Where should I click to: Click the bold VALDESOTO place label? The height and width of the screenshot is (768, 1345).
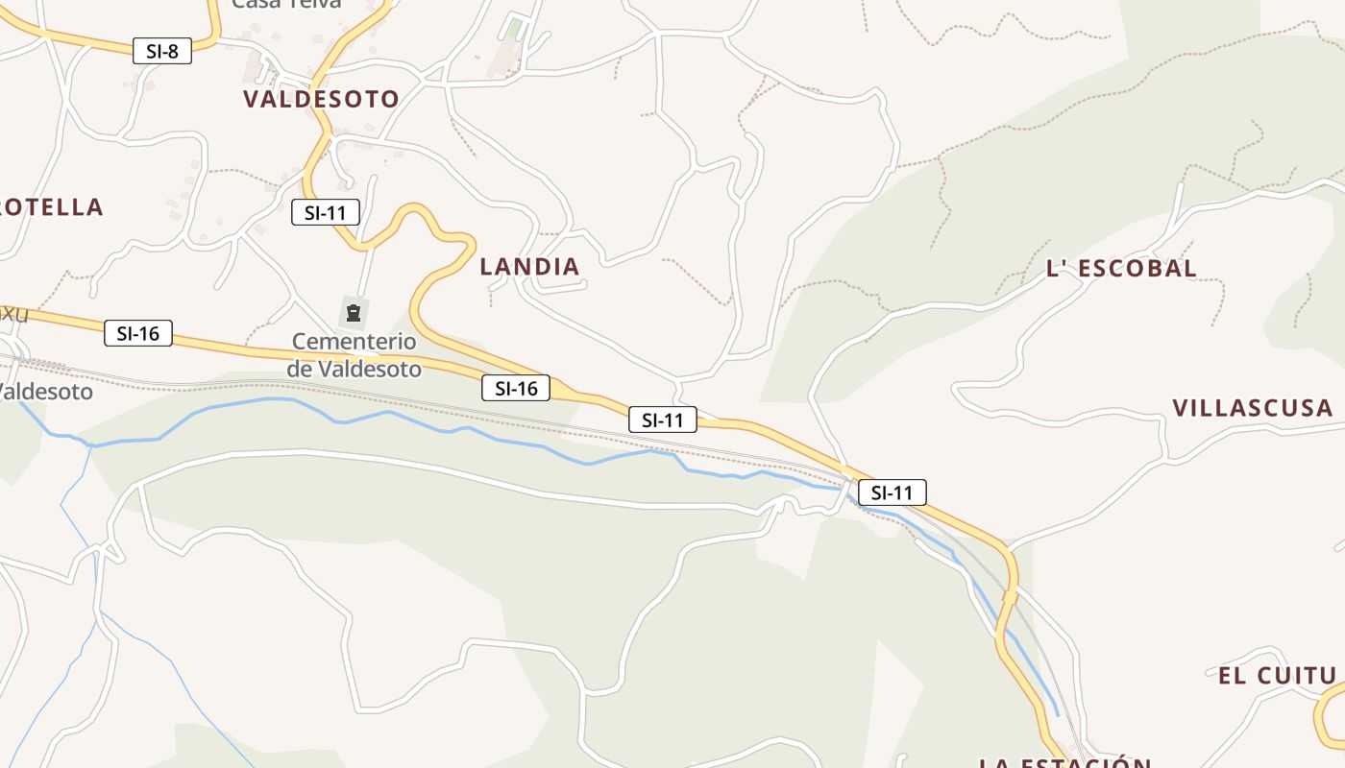tap(321, 99)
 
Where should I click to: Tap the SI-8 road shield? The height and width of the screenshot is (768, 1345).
tap(162, 51)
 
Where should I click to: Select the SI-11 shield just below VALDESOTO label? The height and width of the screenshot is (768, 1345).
tap(326, 212)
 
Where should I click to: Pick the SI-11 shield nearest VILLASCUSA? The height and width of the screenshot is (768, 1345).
tap(893, 492)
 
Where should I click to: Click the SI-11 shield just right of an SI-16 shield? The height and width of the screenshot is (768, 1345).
tap(663, 420)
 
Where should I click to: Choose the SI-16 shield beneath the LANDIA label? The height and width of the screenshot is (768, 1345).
tap(516, 388)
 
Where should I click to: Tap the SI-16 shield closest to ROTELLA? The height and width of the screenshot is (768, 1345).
tap(138, 333)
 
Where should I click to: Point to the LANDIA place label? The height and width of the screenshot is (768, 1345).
tap(529, 267)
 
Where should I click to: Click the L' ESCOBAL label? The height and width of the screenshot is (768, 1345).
tap(1121, 269)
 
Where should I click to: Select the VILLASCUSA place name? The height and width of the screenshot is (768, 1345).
tap(1252, 408)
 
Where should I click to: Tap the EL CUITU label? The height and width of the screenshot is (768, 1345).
tap(1277, 676)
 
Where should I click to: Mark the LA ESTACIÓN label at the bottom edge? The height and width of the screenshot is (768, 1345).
tap(1064, 763)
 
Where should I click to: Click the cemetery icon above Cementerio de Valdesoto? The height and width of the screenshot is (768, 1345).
tap(354, 312)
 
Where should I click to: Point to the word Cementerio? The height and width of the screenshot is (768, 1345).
tap(354, 342)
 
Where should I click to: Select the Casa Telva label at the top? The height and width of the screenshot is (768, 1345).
tap(286, 4)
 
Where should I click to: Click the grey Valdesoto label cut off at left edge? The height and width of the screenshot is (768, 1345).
tap(46, 392)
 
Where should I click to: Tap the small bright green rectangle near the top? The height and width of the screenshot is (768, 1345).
tap(516, 30)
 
